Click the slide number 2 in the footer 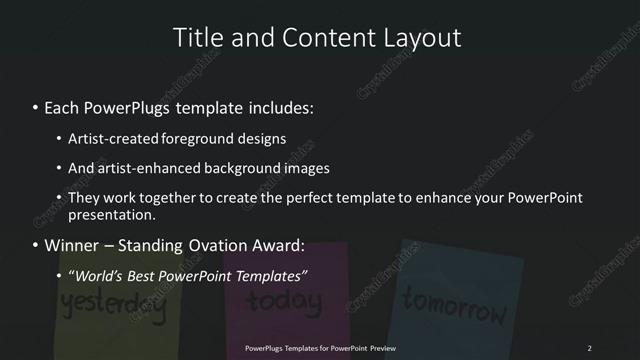coord(589,348)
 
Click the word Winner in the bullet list coord(73,245)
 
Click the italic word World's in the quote coord(100,274)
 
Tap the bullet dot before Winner coord(36,245)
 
